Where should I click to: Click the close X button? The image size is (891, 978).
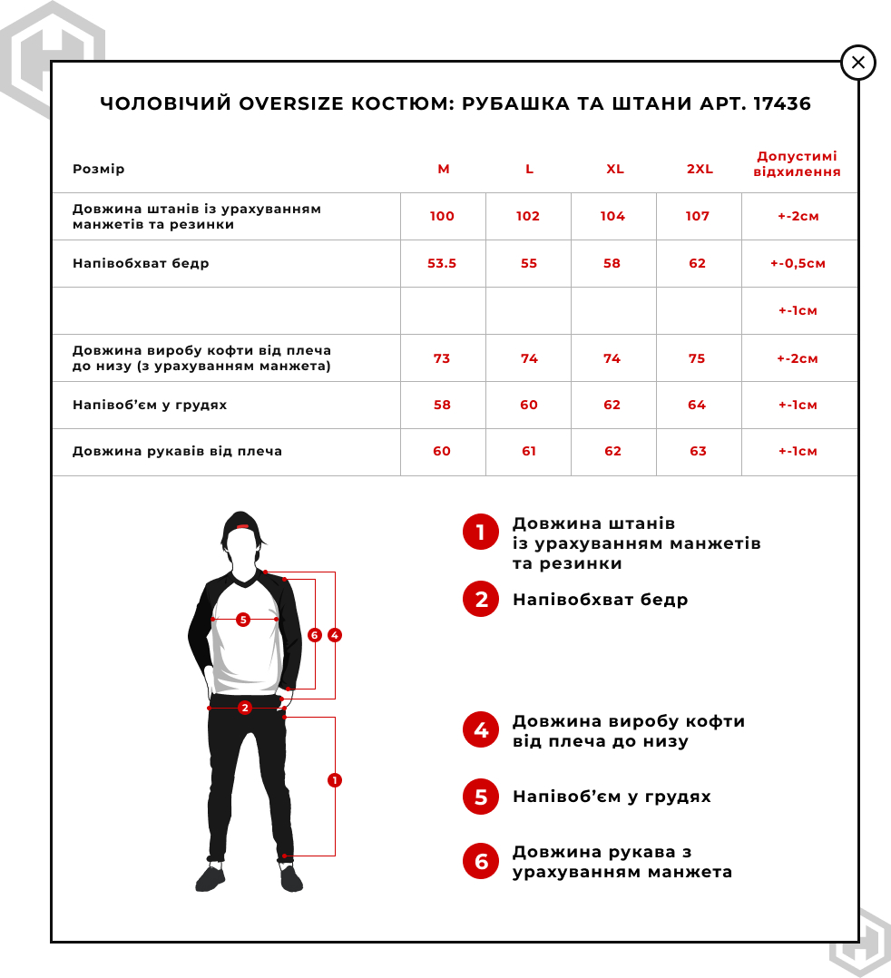[857, 63]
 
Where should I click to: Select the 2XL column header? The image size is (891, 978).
[700, 170]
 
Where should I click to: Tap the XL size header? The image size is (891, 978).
[615, 170]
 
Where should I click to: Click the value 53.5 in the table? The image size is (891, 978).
[442, 264]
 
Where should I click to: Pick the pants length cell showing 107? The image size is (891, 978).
[698, 217]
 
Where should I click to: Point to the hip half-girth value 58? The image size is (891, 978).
[612, 264]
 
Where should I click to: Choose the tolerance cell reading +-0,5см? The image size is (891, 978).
[798, 264]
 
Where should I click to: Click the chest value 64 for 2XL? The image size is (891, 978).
[697, 406]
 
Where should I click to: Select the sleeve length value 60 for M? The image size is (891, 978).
[442, 452]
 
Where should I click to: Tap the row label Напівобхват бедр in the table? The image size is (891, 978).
[141, 264]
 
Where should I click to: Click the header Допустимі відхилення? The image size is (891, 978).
[798, 164]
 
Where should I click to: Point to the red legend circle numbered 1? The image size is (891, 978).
[481, 533]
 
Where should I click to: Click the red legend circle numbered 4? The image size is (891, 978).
[481, 730]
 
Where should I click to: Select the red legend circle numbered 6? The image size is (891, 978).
[481, 861]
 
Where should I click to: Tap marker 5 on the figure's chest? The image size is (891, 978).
[242, 620]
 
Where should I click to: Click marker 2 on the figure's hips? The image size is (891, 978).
[244, 708]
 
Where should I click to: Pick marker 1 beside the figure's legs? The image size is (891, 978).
[335, 780]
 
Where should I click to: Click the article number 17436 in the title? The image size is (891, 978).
[779, 103]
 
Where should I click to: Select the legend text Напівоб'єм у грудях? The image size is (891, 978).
[612, 797]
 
